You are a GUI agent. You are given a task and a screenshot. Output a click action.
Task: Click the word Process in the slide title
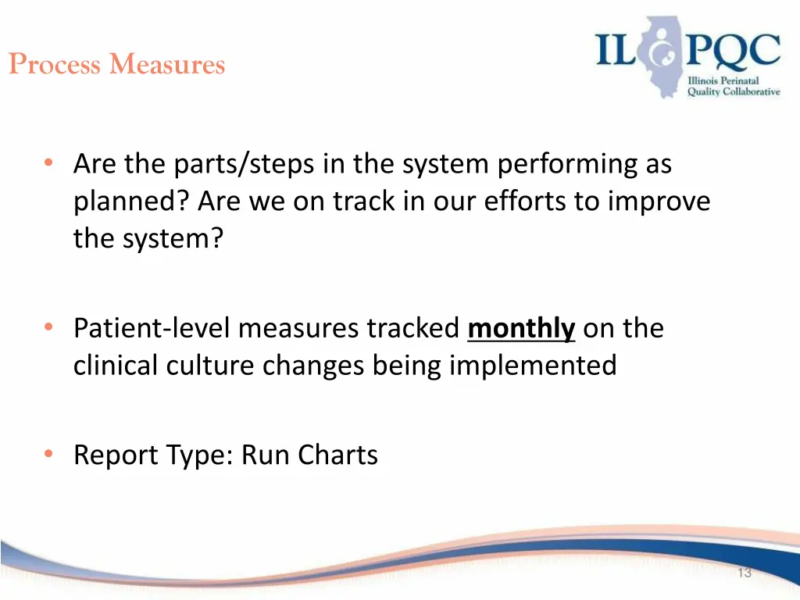coord(55,64)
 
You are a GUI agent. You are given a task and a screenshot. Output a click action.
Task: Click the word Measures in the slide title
coord(167,64)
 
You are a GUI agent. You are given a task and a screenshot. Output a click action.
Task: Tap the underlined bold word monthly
coord(521,329)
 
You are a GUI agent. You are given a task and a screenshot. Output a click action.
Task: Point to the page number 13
coord(744,573)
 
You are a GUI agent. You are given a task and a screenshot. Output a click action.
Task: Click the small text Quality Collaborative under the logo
coord(733,91)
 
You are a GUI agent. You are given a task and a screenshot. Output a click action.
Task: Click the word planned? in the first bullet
coord(132,202)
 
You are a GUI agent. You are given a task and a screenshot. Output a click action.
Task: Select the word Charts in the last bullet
coord(338,455)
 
